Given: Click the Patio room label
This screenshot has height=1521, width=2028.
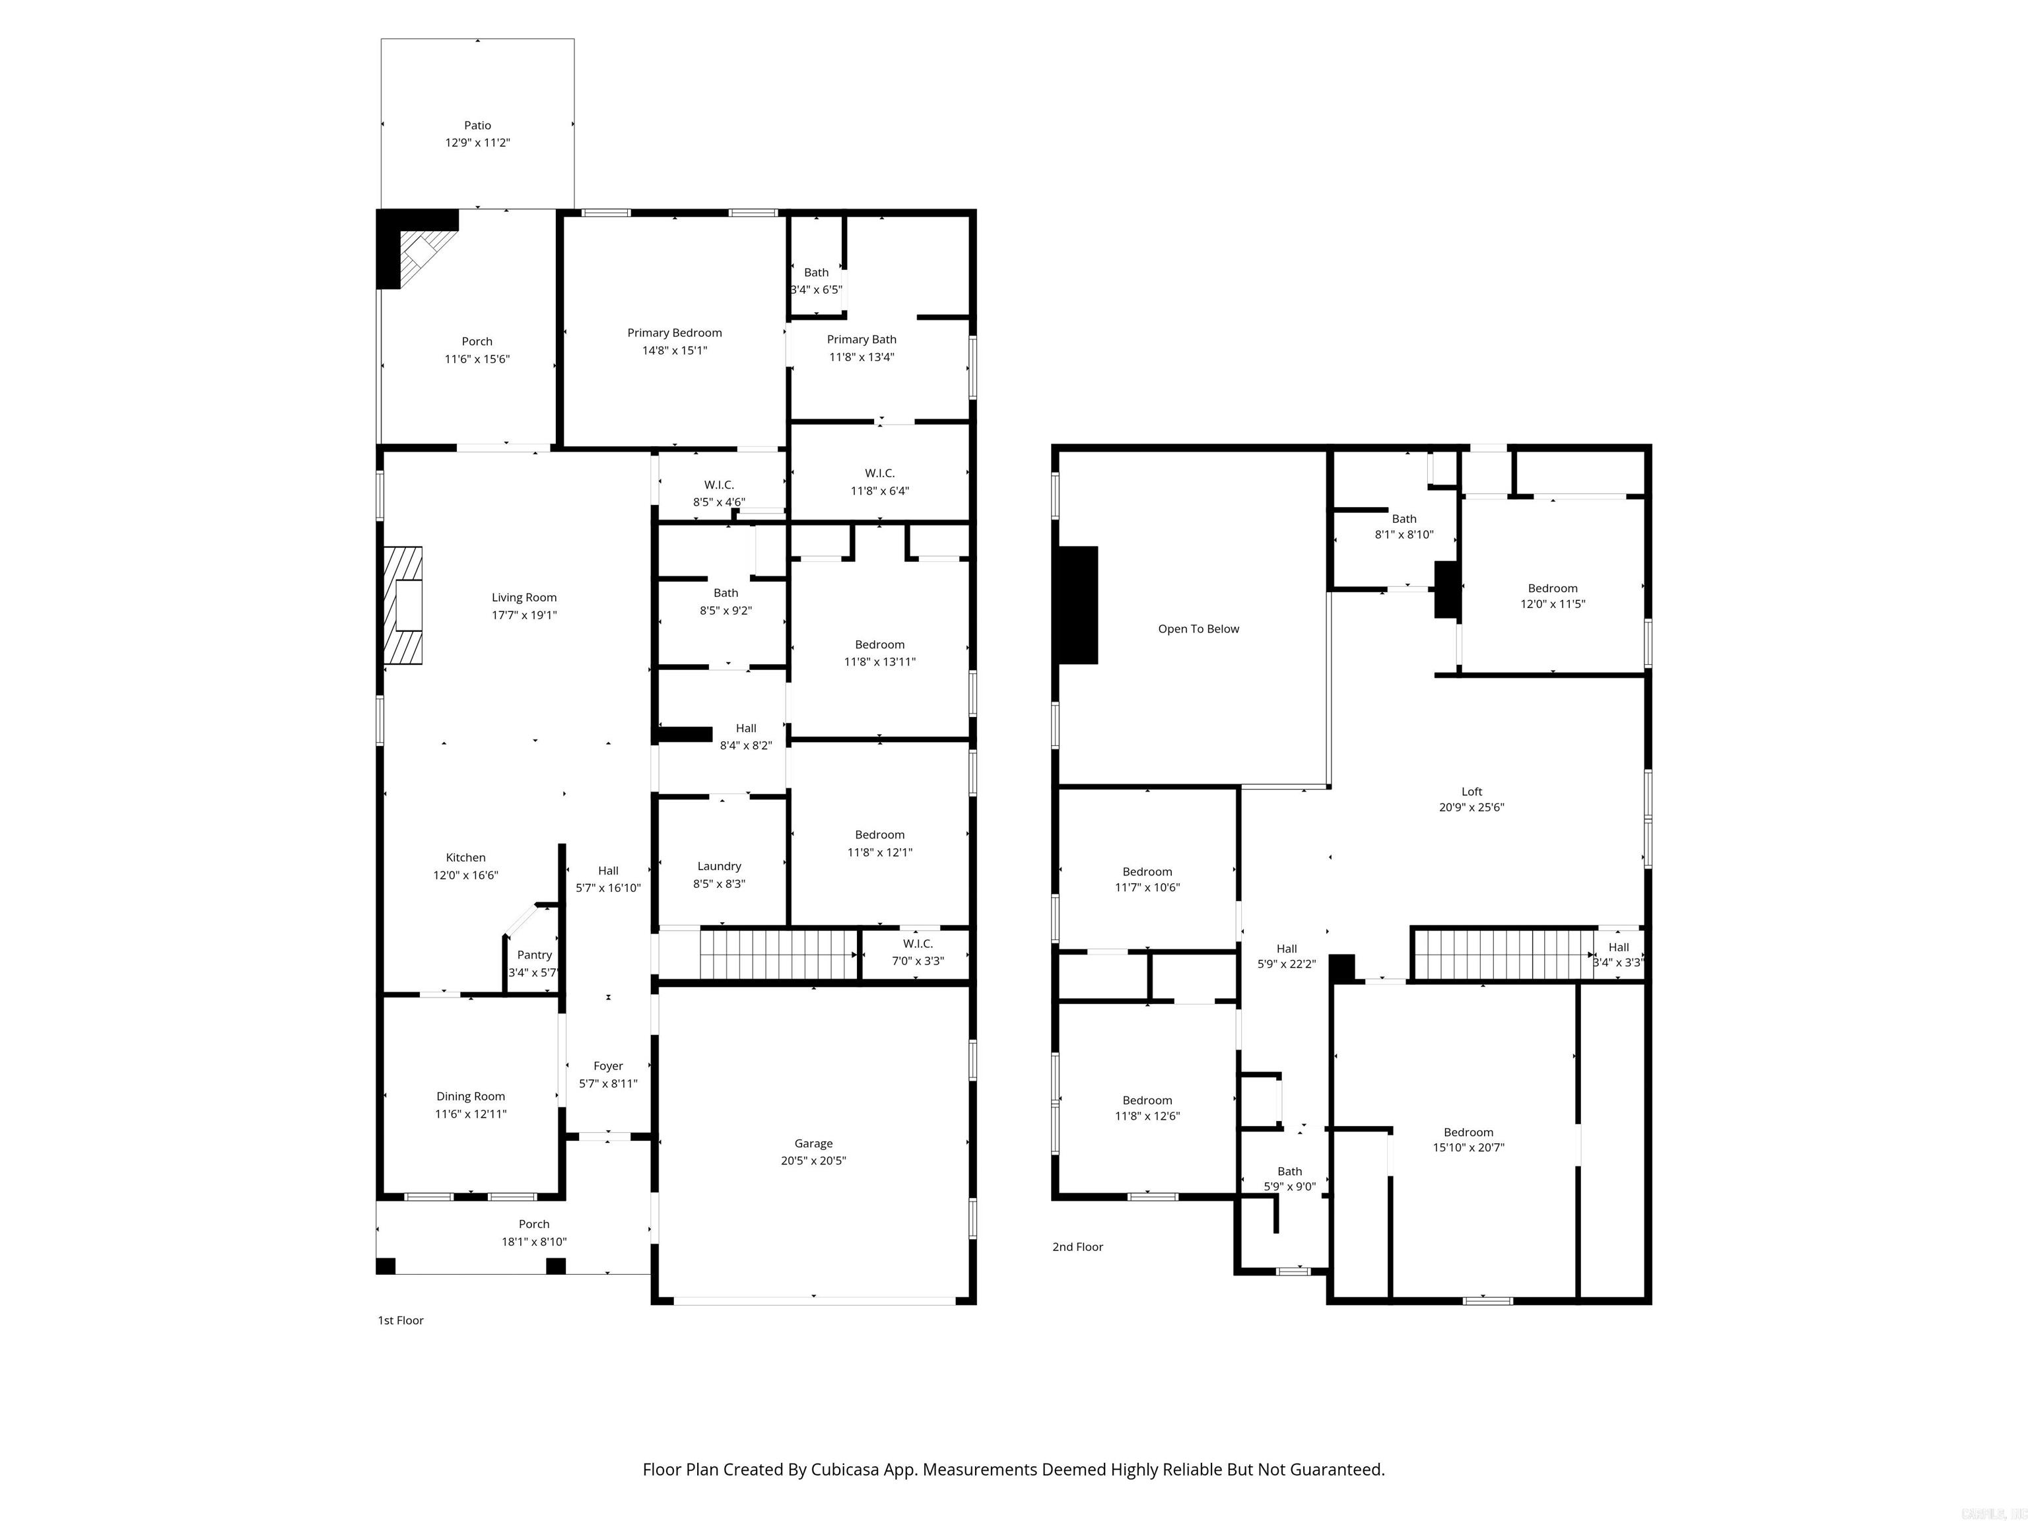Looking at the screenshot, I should pos(477,125).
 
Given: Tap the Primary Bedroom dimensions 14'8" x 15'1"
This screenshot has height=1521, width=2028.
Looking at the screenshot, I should pos(674,351).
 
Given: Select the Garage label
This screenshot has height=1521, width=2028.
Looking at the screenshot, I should pos(813,1143).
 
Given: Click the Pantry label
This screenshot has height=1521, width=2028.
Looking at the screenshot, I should pos(535,955).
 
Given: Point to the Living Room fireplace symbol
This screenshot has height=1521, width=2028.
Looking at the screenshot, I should pos(403,605).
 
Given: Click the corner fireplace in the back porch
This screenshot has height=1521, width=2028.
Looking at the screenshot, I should pos(424,250).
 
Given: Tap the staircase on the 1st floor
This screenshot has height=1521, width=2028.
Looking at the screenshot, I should pos(778,955).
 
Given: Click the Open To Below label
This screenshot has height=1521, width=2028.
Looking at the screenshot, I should pos(1198,629).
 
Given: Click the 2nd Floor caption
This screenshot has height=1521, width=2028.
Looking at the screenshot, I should pos(1077,1247).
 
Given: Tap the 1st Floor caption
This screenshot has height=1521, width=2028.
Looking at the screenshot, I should pos(401,1320).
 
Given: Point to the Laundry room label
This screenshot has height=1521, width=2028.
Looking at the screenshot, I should pos(719,865).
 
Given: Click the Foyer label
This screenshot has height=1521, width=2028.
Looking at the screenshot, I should pos(608,1066).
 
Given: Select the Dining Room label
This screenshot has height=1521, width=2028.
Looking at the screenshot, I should pos(470,1097).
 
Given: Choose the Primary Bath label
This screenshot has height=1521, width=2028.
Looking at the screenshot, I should pos(861,339).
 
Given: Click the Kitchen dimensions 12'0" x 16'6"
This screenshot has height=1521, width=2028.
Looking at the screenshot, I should pos(466,875).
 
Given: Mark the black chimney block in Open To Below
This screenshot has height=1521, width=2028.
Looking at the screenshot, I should pos(1078,605).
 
